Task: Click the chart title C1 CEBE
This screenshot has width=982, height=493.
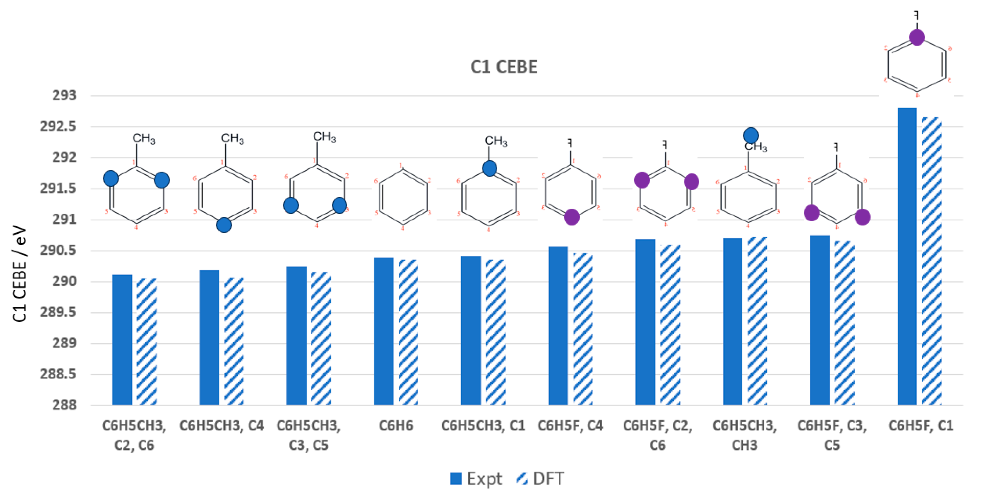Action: click(x=503, y=67)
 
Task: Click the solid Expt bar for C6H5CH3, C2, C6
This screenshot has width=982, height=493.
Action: click(x=122, y=340)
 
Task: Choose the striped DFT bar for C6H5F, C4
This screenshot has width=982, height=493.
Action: click(x=583, y=329)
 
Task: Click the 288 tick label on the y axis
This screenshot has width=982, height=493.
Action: click(x=64, y=405)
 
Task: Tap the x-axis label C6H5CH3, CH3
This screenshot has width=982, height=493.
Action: click(x=745, y=435)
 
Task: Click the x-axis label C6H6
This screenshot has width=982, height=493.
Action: click(x=396, y=425)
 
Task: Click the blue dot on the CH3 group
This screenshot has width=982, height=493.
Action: click(x=751, y=135)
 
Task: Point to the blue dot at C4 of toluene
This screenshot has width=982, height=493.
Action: click(x=224, y=225)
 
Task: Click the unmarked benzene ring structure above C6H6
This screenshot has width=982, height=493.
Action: click(x=403, y=197)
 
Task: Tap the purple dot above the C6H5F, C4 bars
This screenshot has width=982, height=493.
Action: click(x=571, y=217)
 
